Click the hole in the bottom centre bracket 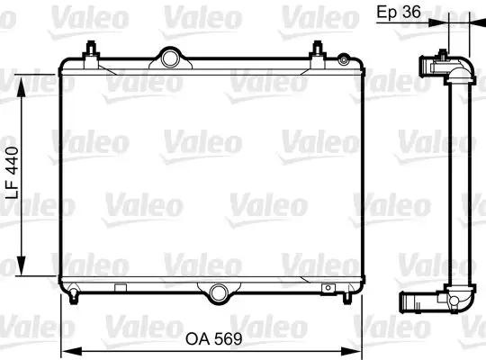coord(218,291)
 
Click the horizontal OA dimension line coord(135,325)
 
